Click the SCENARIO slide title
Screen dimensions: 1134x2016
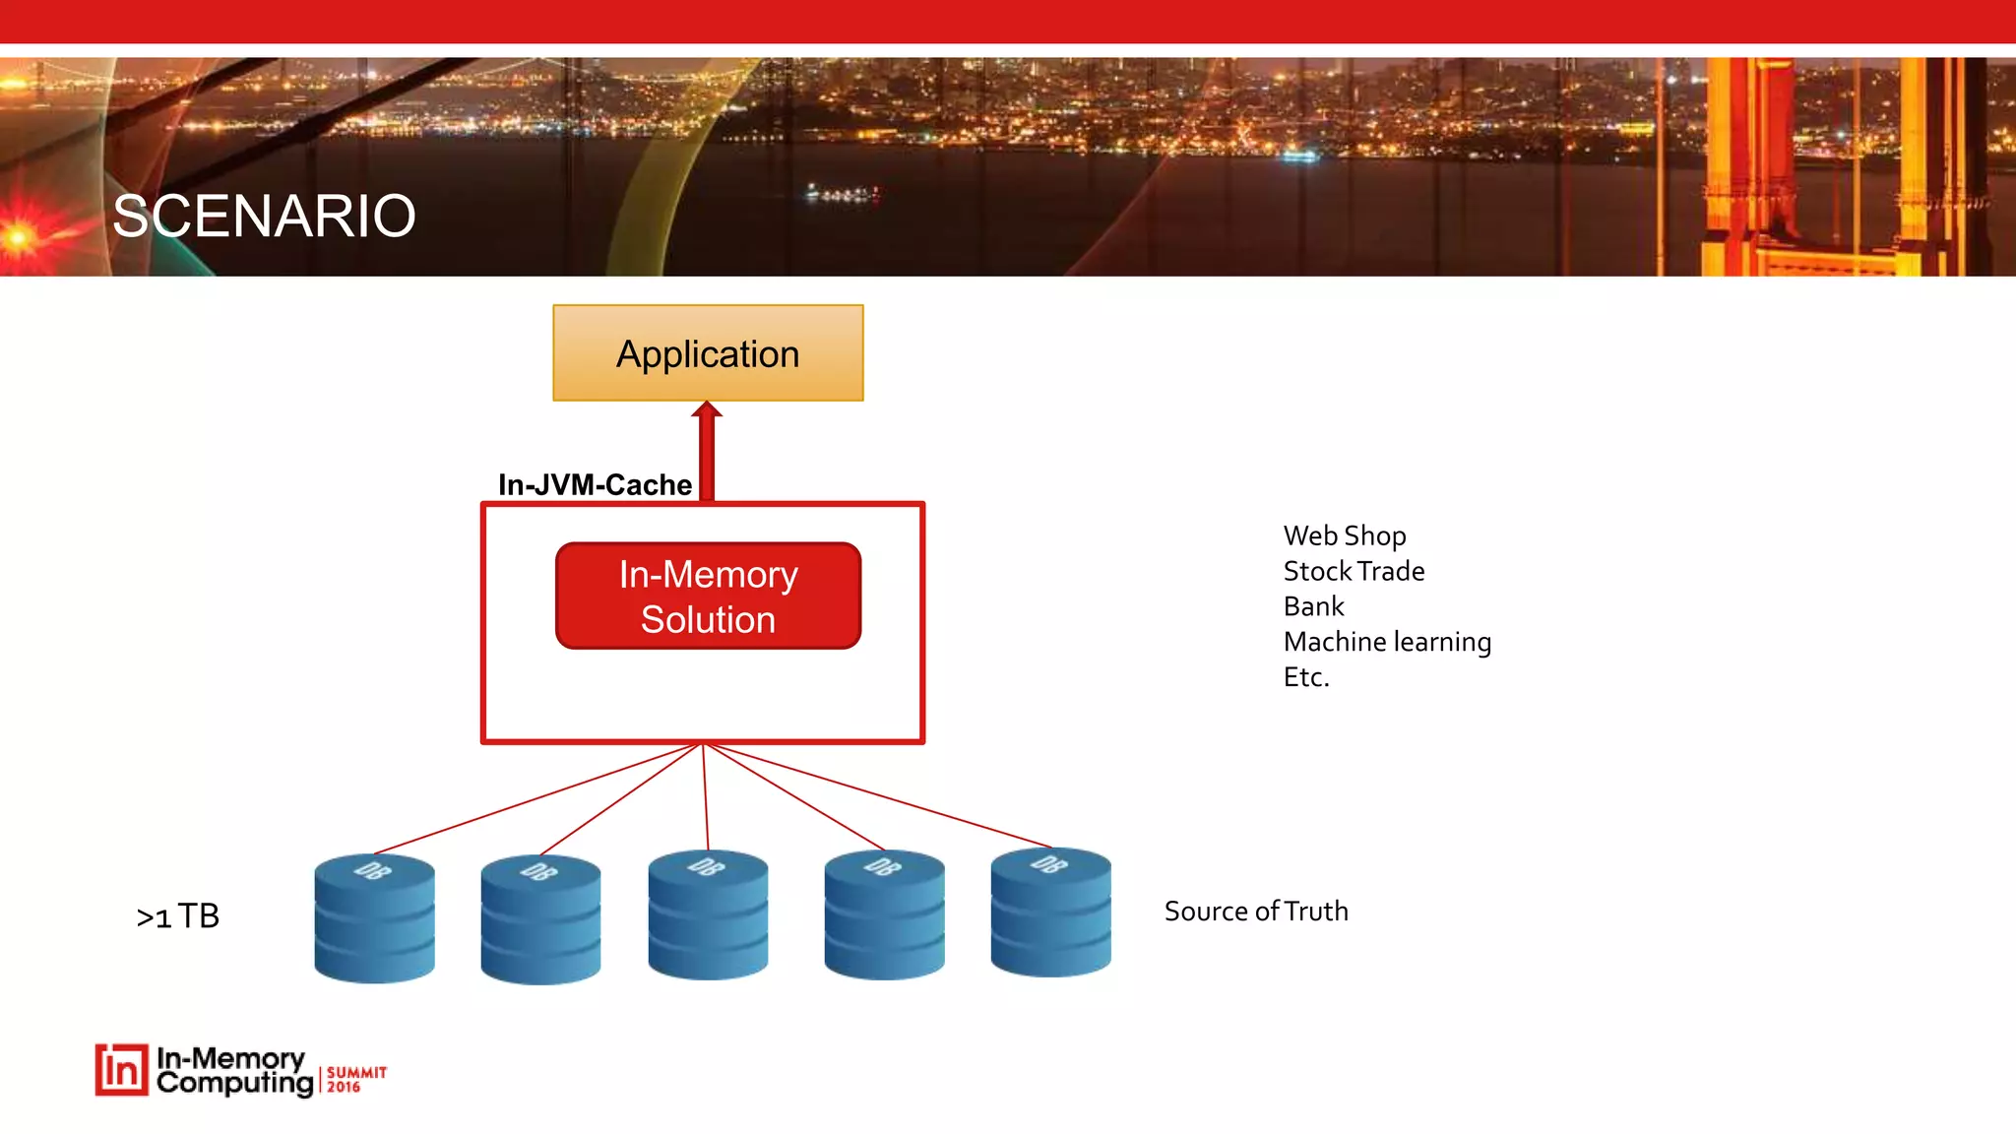(264, 216)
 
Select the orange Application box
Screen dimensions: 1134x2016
(708, 353)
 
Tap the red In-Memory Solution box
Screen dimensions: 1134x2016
(708, 596)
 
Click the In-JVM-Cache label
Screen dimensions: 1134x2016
(595, 484)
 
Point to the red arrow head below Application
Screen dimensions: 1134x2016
(707, 409)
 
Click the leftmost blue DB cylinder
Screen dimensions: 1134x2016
(374, 917)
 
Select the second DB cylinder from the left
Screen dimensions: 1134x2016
(540, 919)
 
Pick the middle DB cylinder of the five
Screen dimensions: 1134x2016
(708, 915)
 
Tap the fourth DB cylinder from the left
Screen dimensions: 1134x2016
(884, 915)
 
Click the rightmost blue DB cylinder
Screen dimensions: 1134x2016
(1050, 913)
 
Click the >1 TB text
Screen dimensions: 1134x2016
(178, 916)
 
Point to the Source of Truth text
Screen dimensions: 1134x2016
(1256, 912)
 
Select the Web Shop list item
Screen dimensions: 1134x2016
(1345, 535)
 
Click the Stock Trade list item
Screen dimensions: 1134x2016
(1354, 571)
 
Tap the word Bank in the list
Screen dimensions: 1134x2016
(1313, 606)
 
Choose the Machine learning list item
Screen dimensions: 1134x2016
(1387, 642)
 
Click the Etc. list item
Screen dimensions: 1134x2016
(1306, 677)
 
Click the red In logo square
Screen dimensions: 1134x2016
(122, 1070)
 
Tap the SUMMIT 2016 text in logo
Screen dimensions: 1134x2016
(355, 1079)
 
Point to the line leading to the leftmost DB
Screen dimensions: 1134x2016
(536, 798)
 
